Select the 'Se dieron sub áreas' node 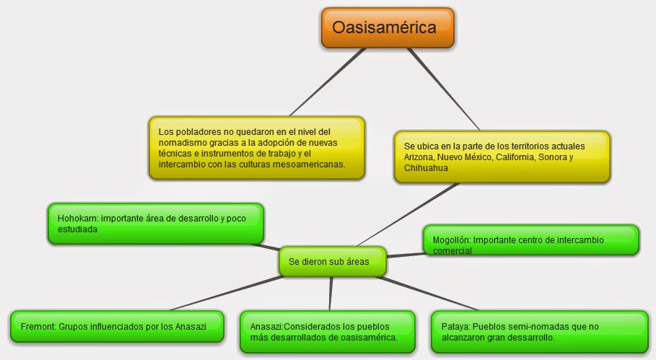coord(332,262)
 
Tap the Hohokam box coord(154,224)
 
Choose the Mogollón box coord(530,240)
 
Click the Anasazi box coord(327,332)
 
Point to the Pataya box coord(538,332)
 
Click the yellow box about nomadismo coord(255,148)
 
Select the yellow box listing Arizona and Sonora coord(502,156)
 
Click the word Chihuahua coord(428,168)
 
